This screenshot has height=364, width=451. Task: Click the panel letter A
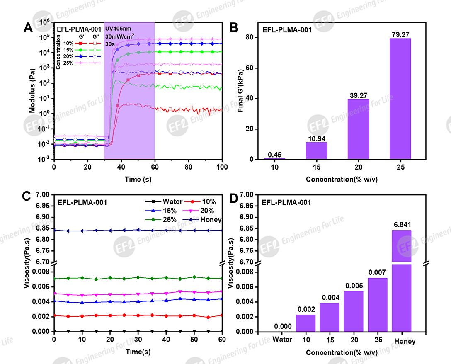pyautogui.click(x=28, y=28)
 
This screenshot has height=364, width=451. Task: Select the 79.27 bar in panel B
pyautogui.click(x=400, y=99)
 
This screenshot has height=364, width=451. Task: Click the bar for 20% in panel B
pyautogui.click(x=358, y=129)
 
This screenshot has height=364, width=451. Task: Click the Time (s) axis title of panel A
pyautogui.click(x=138, y=179)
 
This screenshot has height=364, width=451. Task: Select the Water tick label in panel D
pyautogui.click(x=282, y=340)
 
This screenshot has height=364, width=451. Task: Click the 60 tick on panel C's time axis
pyautogui.click(x=222, y=340)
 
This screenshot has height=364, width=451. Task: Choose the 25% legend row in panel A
pyautogui.click(x=79, y=63)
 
